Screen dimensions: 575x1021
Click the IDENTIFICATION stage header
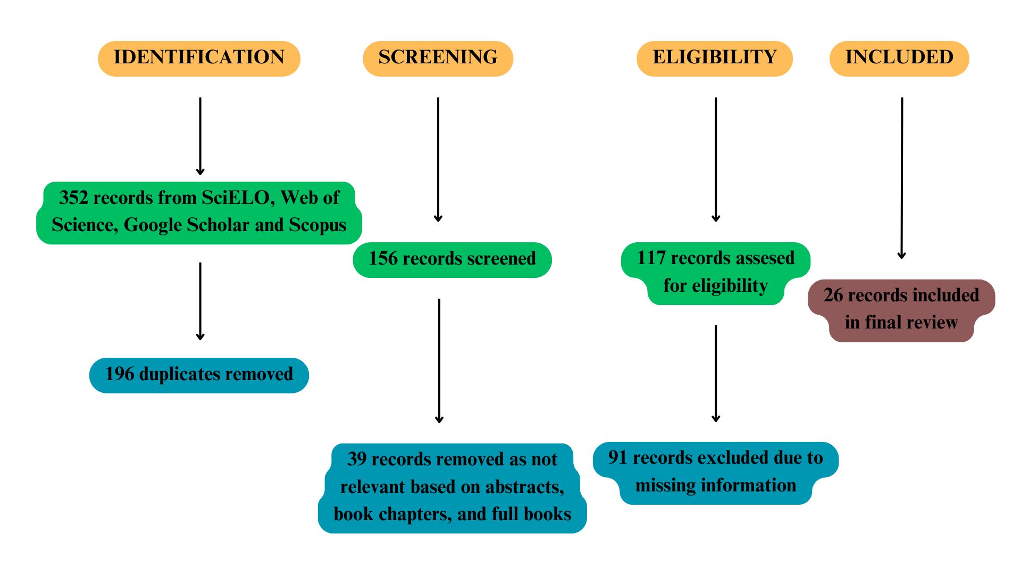coord(199,58)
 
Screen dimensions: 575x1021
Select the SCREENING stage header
coord(438,58)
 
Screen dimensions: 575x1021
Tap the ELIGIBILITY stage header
coord(714,58)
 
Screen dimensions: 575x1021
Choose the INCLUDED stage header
coord(899,58)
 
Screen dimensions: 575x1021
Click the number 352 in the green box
coord(73,198)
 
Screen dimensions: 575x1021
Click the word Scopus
coord(317,225)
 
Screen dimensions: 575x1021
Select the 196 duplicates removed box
coord(199,375)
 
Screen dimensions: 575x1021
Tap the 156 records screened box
coord(452,259)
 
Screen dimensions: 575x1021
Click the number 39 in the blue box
coord(357,459)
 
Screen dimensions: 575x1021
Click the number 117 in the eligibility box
coord(651,258)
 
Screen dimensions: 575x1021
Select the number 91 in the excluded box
coord(617,458)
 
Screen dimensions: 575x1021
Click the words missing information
coord(716,486)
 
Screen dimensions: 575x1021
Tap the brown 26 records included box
coord(901,309)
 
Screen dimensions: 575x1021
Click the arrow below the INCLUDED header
coord(902,178)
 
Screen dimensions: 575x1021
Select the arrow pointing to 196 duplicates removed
coord(200,301)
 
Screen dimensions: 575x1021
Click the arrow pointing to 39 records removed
coord(439,361)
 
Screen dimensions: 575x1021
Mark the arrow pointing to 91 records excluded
coord(716,373)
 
